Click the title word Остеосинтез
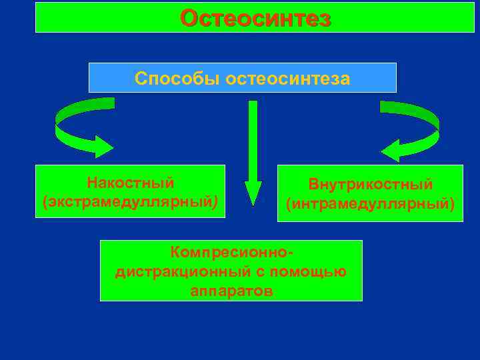tap(255, 18)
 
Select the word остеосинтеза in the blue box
tap(288, 78)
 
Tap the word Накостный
tap(131, 182)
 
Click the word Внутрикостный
tap(370, 184)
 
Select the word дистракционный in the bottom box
tap(175, 272)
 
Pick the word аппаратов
tap(231, 291)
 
